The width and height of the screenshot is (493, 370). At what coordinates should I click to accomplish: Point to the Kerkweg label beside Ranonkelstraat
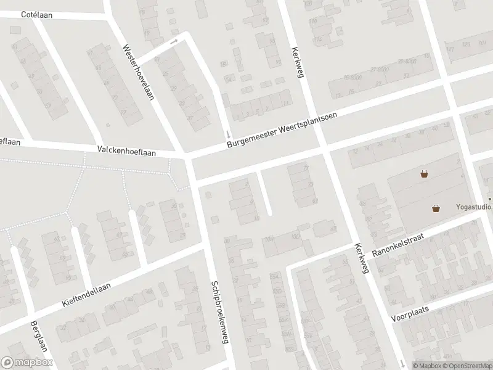click(361, 258)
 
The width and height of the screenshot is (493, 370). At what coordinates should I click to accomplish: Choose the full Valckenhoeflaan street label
click(127, 150)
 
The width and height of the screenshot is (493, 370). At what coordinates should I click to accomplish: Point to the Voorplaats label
click(409, 314)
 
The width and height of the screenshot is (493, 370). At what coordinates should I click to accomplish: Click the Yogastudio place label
click(473, 207)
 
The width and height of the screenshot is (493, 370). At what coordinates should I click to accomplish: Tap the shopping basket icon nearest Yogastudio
click(436, 208)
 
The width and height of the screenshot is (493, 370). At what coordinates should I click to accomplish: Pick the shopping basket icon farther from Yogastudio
click(424, 174)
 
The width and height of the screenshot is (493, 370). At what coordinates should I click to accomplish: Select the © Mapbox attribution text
click(427, 366)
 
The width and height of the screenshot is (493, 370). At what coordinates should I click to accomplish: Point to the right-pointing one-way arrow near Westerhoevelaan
click(174, 41)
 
